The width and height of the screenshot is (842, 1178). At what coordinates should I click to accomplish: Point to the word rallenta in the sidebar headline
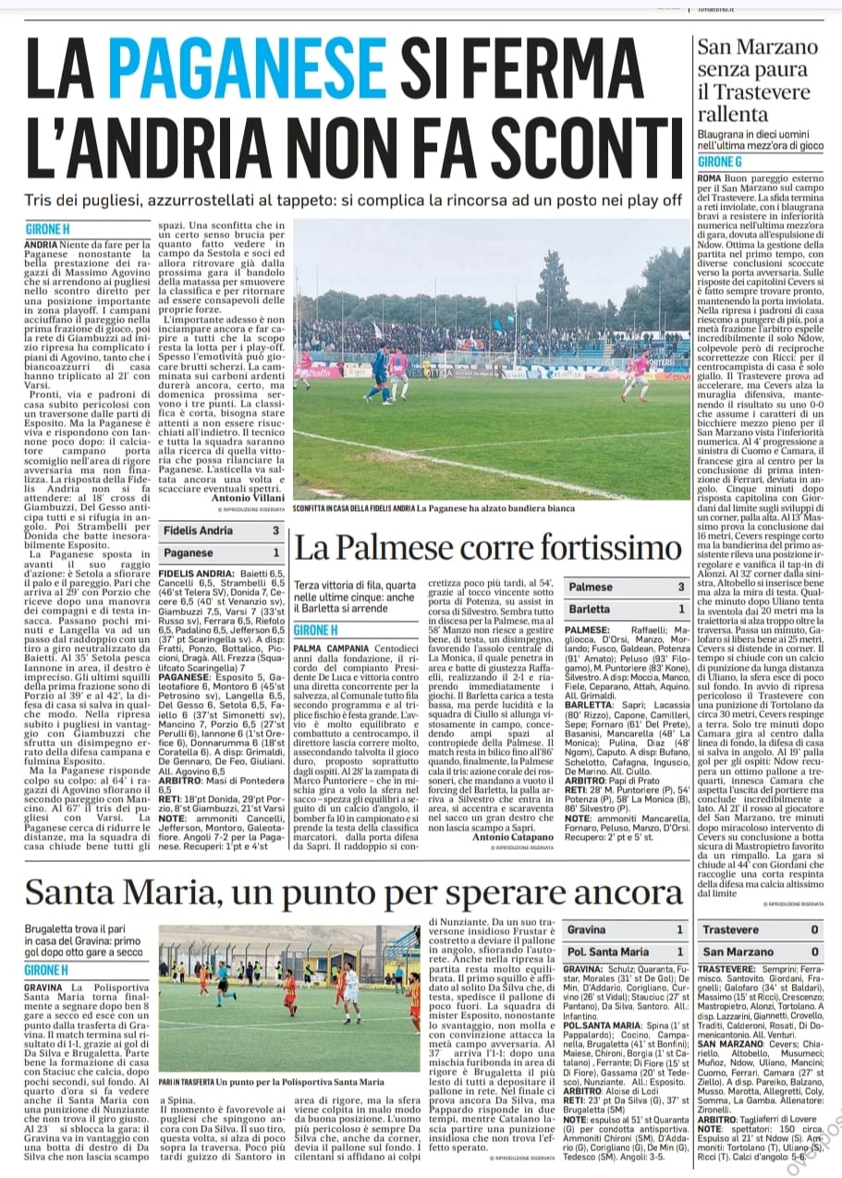[731, 113]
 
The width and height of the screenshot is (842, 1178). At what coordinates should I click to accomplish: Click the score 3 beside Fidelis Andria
[275, 531]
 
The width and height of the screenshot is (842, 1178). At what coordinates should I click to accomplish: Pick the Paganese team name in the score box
[188, 553]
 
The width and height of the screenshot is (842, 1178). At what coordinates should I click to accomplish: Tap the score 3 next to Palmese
[681, 587]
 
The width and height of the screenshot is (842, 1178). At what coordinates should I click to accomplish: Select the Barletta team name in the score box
[589, 609]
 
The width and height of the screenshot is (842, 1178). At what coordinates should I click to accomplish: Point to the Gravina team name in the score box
[587, 929]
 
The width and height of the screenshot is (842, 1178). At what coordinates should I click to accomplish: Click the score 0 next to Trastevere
[813, 929]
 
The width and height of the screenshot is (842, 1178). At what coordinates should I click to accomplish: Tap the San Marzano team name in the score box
[737, 951]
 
